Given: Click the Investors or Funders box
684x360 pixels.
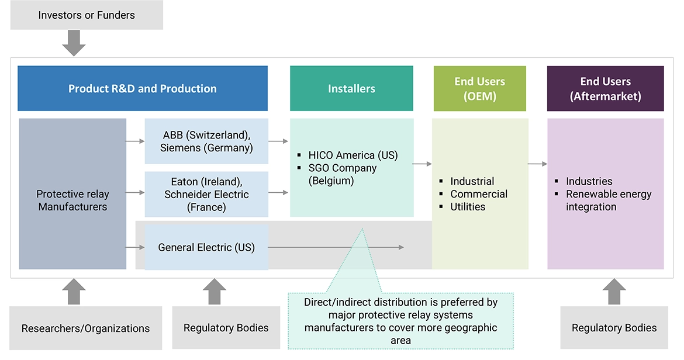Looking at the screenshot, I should [x=87, y=15].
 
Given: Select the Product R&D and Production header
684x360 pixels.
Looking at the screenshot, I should [x=143, y=89].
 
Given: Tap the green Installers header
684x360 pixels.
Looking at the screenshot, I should [x=351, y=89].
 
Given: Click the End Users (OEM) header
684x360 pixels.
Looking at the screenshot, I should [x=479, y=89].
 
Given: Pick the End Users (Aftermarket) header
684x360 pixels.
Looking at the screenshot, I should [x=605, y=89].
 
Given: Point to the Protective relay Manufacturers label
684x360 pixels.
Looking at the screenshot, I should [x=72, y=200].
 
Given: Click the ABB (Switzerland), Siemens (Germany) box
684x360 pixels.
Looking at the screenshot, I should [x=206, y=141].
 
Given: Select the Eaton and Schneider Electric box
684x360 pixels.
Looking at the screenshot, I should [x=206, y=194].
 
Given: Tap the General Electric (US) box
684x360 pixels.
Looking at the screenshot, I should [x=206, y=247].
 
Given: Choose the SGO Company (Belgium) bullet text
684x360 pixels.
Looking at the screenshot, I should [x=343, y=174].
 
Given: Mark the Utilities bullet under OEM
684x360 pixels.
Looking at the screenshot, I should [x=468, y=207].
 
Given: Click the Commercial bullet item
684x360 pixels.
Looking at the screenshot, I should [x=479, y=194].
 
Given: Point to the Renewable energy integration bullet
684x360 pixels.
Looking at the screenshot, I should [x=608, y=200].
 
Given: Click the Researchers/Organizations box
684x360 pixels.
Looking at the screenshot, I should [x=86, y=328].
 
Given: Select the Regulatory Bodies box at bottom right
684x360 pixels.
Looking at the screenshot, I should [x=614, y=328].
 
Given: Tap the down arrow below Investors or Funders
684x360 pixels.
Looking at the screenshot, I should [x=74, y=43].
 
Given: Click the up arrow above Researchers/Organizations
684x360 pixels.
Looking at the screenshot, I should [x=74, y=291].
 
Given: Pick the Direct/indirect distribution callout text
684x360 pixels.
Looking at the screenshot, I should [x=400, y=321].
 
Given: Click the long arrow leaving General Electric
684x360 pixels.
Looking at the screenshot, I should [x=336, y=247].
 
